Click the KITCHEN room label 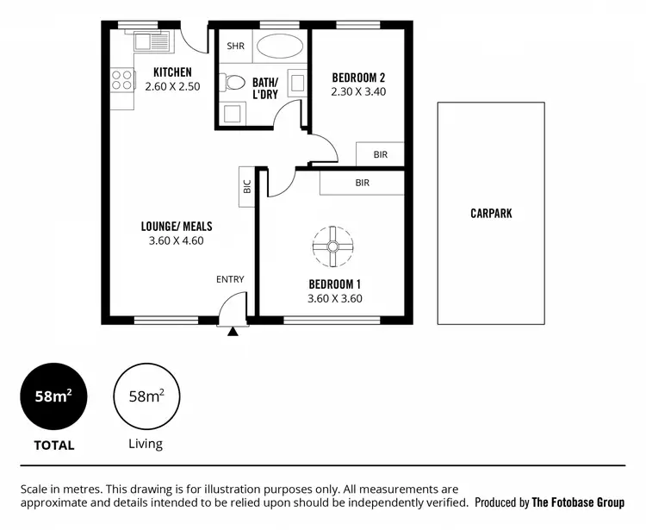click(172, 72)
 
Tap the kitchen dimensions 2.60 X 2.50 click(172, 86)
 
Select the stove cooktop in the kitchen click(122, 80)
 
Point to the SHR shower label click(233, 46)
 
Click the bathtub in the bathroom click(280, 46)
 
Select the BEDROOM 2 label click(358, 77)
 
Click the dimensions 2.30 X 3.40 click(358, 91)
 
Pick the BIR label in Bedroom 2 click(381, 154)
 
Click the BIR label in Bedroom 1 click(363, 183)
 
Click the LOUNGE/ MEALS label click(177, 227)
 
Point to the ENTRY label click(230, 279)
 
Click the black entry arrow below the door click(233, 331)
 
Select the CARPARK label click(491, 213)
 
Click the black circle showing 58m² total click(53, 397)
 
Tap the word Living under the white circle click(146, 445)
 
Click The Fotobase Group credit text click(578, 502)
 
